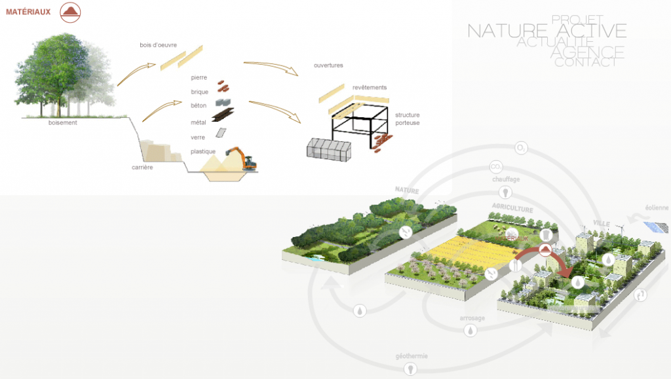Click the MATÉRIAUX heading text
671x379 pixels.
(28, 12)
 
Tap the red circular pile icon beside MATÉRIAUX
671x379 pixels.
(71, 12)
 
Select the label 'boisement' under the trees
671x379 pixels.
(63, 122)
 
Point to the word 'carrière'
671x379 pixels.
(142, 168)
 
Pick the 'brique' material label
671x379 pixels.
(199, 92)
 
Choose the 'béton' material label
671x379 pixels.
(199, 105)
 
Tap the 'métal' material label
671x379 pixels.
(199, 122)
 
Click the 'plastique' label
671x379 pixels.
(203, 152)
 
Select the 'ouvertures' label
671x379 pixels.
(328, 65)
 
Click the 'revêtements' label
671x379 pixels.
(370, 88)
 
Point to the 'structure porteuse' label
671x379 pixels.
(407, 118)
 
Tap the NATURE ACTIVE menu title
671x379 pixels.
(546, 31)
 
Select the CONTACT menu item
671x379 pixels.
(585, 63)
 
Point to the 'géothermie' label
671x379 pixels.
(412, 356)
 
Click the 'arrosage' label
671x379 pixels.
(472, 319)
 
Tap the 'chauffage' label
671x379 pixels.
(506, 179)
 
